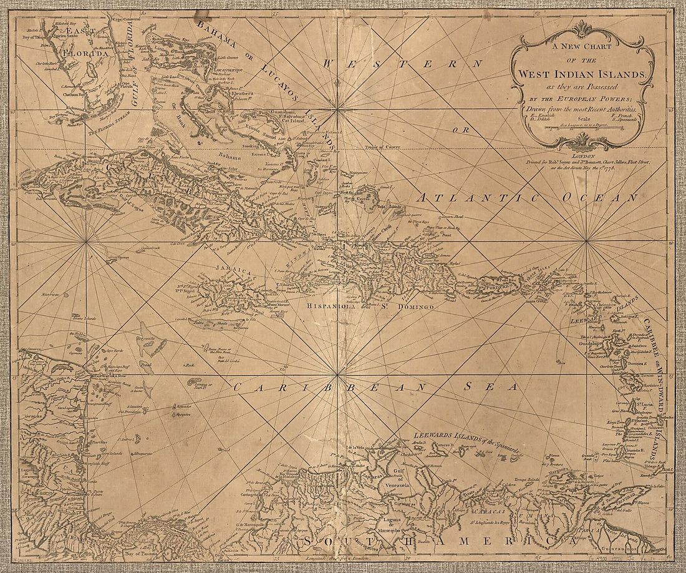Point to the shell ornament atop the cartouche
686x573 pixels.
[x=582, y=29]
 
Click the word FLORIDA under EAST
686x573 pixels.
[x=89, y=54]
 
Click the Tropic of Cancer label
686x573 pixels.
[x=383, y=147]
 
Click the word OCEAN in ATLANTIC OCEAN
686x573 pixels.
[x=599, y=197]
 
